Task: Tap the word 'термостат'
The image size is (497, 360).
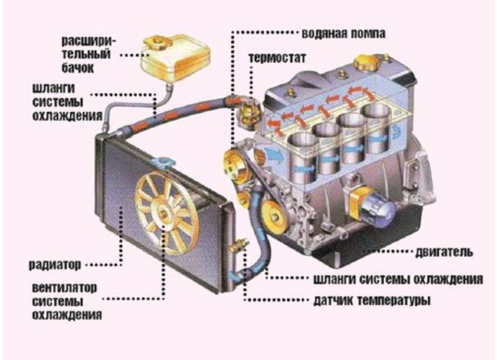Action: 277,57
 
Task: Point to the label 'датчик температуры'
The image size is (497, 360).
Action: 372,299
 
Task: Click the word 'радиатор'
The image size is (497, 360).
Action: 54,266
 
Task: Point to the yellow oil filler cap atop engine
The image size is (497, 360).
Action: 366,62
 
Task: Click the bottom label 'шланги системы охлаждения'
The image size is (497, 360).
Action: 397,280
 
